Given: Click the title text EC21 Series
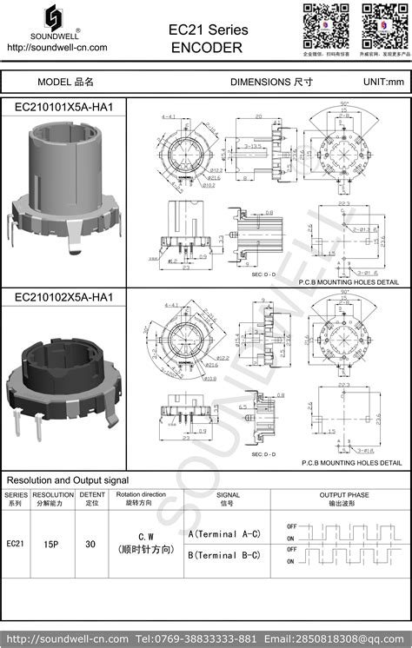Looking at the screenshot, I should point(208,30).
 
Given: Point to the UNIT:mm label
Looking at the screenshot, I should point(383,82).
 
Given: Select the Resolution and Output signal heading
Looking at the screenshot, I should point(68,479).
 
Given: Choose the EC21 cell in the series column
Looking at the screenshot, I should point(16,544).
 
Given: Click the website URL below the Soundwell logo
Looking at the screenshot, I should point(56,47).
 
